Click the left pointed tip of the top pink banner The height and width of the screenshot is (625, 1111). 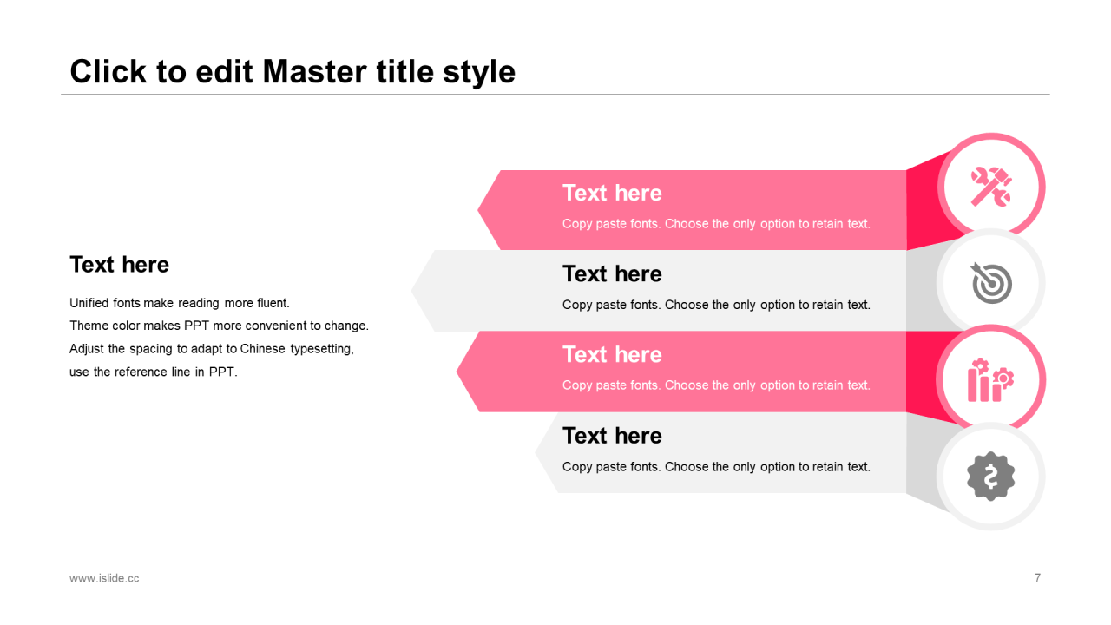[477, 210]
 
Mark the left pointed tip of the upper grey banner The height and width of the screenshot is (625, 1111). [411, 291]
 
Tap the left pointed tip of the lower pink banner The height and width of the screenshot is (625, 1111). [457, 372]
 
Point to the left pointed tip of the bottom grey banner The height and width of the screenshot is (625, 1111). [536, 452]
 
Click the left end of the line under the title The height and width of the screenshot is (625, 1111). [61, 94]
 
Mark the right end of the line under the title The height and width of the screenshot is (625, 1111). [1050, 94]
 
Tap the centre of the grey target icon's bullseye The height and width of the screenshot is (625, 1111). [993, 284]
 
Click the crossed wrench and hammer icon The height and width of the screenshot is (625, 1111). [991, 187]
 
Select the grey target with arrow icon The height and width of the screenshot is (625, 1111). [991, 283]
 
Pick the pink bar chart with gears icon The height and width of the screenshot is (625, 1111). [990, 380]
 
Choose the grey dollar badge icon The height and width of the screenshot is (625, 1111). [991, 477]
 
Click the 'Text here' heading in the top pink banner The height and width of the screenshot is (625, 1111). [612, 193]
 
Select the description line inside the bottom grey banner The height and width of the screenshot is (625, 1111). [716, 467]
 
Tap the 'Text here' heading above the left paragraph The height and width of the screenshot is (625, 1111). [119, 265]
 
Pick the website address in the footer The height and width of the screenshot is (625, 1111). [104, 578]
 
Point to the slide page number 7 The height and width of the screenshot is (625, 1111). [1037, 578]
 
